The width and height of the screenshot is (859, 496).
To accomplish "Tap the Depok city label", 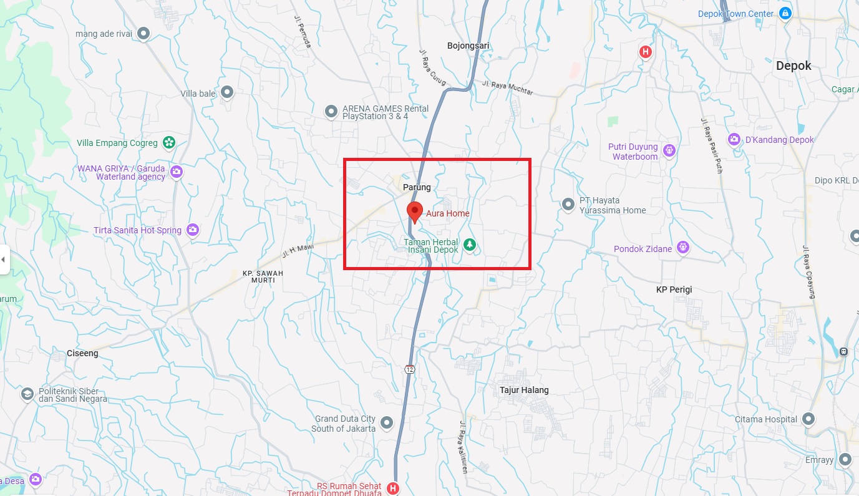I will (x=793, y=66).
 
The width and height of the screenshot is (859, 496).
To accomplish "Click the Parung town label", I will (x=417, y=187).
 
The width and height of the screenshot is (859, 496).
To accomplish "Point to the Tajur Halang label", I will (x=524, y=390).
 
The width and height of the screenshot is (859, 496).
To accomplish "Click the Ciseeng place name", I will (x=82, y=353).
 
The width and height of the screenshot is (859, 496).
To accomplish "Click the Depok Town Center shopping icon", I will (x=785, y=14).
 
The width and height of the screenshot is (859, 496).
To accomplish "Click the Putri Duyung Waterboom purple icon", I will (x=669, y=150).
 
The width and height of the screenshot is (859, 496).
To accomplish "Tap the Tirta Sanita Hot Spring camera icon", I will (x=193, y=230).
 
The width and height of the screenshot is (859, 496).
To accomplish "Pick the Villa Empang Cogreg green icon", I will (x=168, y=143).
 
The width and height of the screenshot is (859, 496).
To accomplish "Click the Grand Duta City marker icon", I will (x=387, y=423).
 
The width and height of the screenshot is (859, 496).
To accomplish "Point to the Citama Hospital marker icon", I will (x=809, y=419).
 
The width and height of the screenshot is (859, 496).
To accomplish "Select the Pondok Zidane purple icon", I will (x=684, y=248).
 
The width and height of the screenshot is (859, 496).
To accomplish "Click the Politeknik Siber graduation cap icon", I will (x=27, y=394).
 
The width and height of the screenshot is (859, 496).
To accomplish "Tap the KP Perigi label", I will (x=674, y=289).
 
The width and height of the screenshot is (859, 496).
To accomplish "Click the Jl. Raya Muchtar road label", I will (x=508, y=87).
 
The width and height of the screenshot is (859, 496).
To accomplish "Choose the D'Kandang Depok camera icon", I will (x=734, y=140).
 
